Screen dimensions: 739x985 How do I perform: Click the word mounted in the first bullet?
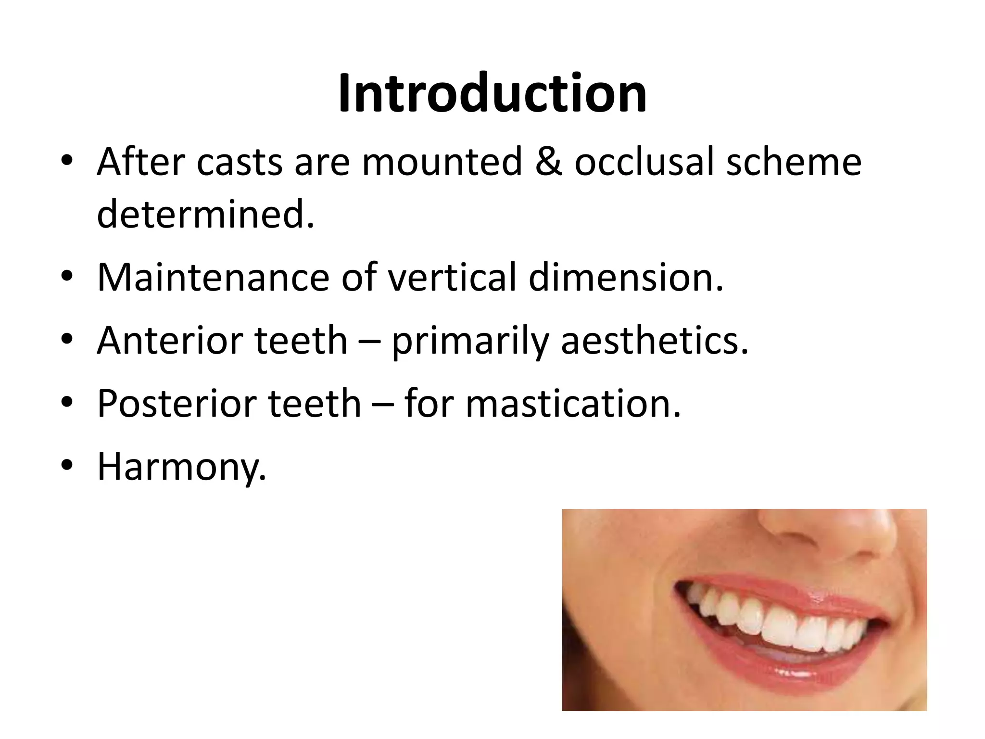[x=442, y=162]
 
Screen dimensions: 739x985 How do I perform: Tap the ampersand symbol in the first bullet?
[x=548, y=162]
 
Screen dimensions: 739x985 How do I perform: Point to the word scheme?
[x=794, y=162]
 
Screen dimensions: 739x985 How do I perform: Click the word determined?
[x=205, y=215]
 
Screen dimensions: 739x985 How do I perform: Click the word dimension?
[x=625, y=278]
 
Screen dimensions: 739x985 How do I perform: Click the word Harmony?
[x=181, y=467]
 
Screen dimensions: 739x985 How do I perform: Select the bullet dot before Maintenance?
[x=67, y=277]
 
